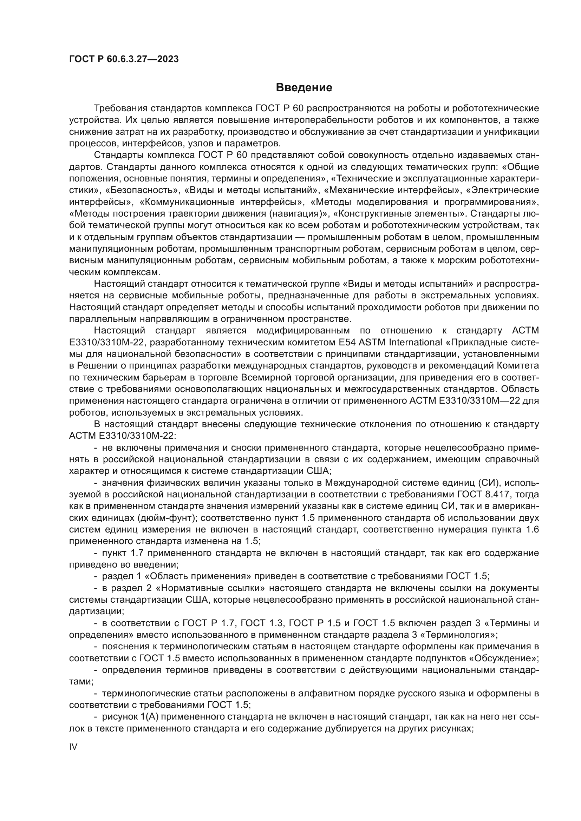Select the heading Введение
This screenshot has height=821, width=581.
click(x=304, y=88)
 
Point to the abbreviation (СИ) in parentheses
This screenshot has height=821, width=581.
click(x=488, y=483)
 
